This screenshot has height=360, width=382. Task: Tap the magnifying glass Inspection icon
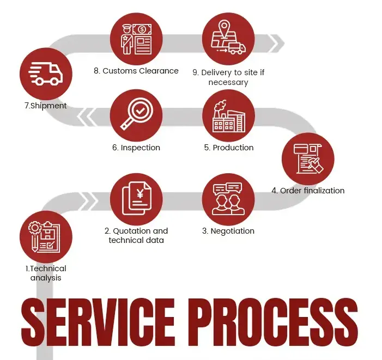[136, 115]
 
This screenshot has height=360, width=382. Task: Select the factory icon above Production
[228, 115]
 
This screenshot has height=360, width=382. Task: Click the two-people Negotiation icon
[228, 199]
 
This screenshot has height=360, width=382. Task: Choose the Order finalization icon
[308, 158]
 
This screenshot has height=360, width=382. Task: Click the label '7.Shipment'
[46, 106]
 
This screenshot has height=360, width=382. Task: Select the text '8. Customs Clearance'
[136, 71]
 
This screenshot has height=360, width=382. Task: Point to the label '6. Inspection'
[136, 148]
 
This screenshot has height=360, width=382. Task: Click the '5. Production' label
[228, 148]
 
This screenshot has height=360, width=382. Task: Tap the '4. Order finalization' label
[308, 191]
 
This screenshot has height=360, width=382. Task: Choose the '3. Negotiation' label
[228, 231]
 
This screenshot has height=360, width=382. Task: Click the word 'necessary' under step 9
[228, 83]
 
